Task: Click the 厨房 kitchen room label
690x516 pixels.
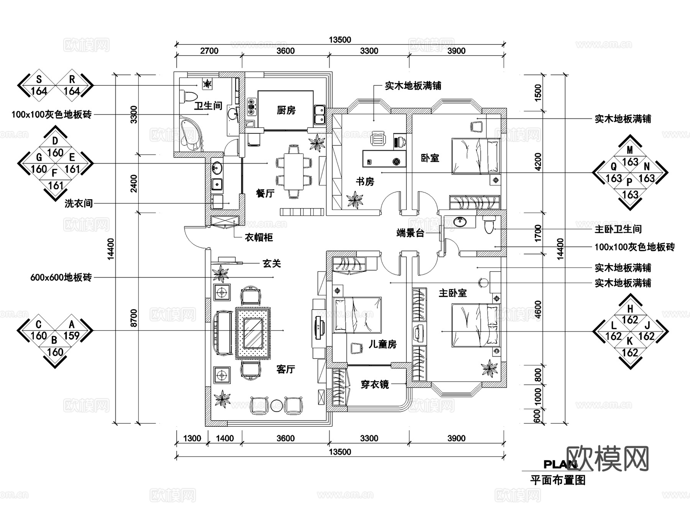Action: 286,111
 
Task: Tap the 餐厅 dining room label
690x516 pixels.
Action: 265,193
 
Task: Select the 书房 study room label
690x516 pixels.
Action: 365,182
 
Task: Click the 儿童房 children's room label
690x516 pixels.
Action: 382,344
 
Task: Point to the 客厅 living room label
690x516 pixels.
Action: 286,369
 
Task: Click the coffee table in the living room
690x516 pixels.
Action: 253,333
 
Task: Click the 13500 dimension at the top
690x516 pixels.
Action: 340,40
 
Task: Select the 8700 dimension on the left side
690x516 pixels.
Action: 133,318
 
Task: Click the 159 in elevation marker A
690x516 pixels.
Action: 72,336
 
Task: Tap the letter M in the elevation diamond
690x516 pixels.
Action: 630,150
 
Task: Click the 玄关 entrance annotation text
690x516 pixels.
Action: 271,264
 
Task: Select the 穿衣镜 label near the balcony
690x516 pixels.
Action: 375,384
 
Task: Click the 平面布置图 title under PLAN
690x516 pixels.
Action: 558,480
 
